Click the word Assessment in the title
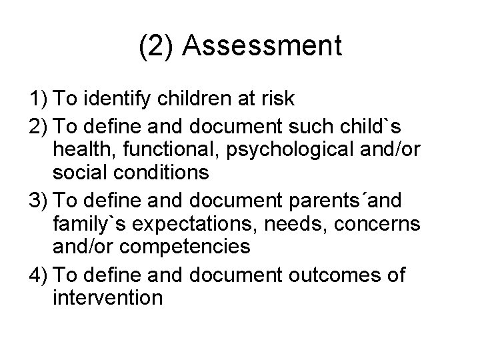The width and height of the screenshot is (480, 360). [262, 47]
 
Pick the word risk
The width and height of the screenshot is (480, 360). [277, 99]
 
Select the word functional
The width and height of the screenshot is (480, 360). [165, 149]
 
